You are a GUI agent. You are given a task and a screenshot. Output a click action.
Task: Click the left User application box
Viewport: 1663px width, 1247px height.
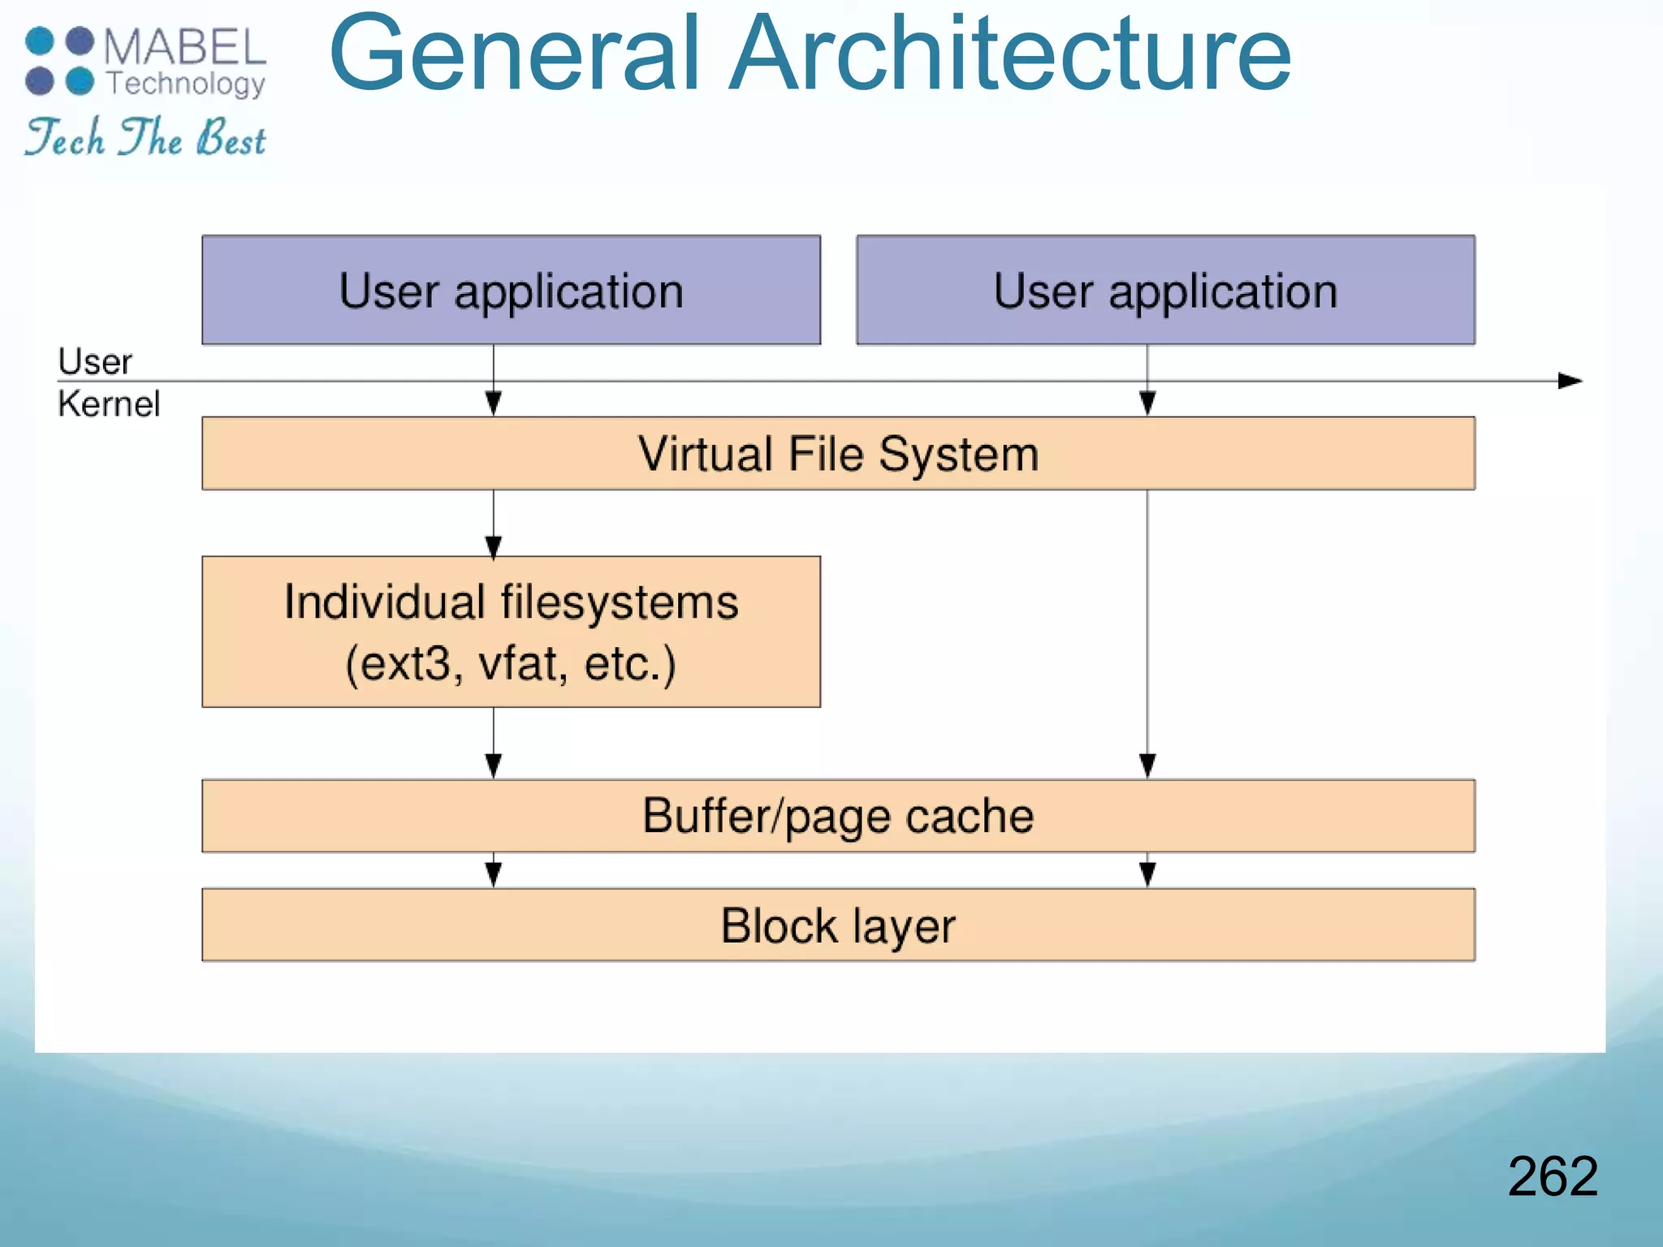coord(511,290)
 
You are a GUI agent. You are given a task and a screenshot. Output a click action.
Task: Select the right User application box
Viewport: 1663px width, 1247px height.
coord(1165,290)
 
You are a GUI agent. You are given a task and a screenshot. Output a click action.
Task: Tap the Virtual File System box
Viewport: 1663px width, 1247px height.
coord(838,453)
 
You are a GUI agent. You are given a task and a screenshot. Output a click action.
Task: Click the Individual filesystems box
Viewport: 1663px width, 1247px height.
coord(511,632)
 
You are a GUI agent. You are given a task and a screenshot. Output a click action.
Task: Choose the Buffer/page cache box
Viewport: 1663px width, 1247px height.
coord(838,815)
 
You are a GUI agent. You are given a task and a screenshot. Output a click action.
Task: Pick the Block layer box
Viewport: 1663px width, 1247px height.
coord(838,925)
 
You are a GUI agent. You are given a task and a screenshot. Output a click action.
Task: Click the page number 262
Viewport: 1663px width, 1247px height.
coord(1552,1176)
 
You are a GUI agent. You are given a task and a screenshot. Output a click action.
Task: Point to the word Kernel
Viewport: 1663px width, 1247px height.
coord(109,403)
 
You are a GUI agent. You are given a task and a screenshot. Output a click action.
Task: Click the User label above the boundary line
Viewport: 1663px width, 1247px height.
coord(94,361)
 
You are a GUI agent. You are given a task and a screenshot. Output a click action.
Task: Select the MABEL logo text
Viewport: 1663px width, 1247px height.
coord(184,47)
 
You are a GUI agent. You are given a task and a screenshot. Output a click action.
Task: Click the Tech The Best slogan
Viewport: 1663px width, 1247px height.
coord(145,137)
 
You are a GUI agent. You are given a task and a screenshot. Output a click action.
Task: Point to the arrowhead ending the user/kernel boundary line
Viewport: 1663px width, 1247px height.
coord(1570,381)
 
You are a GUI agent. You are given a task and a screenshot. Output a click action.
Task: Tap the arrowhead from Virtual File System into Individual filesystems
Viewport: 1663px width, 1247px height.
coord(493,546)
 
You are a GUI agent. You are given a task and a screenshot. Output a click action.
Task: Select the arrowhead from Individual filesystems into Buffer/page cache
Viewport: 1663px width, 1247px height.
coord(493,766)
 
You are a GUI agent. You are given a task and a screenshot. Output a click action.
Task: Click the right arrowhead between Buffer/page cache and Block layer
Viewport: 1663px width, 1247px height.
coord(1147,874)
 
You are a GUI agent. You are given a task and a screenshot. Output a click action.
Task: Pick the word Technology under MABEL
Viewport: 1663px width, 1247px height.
coord(186,84)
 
